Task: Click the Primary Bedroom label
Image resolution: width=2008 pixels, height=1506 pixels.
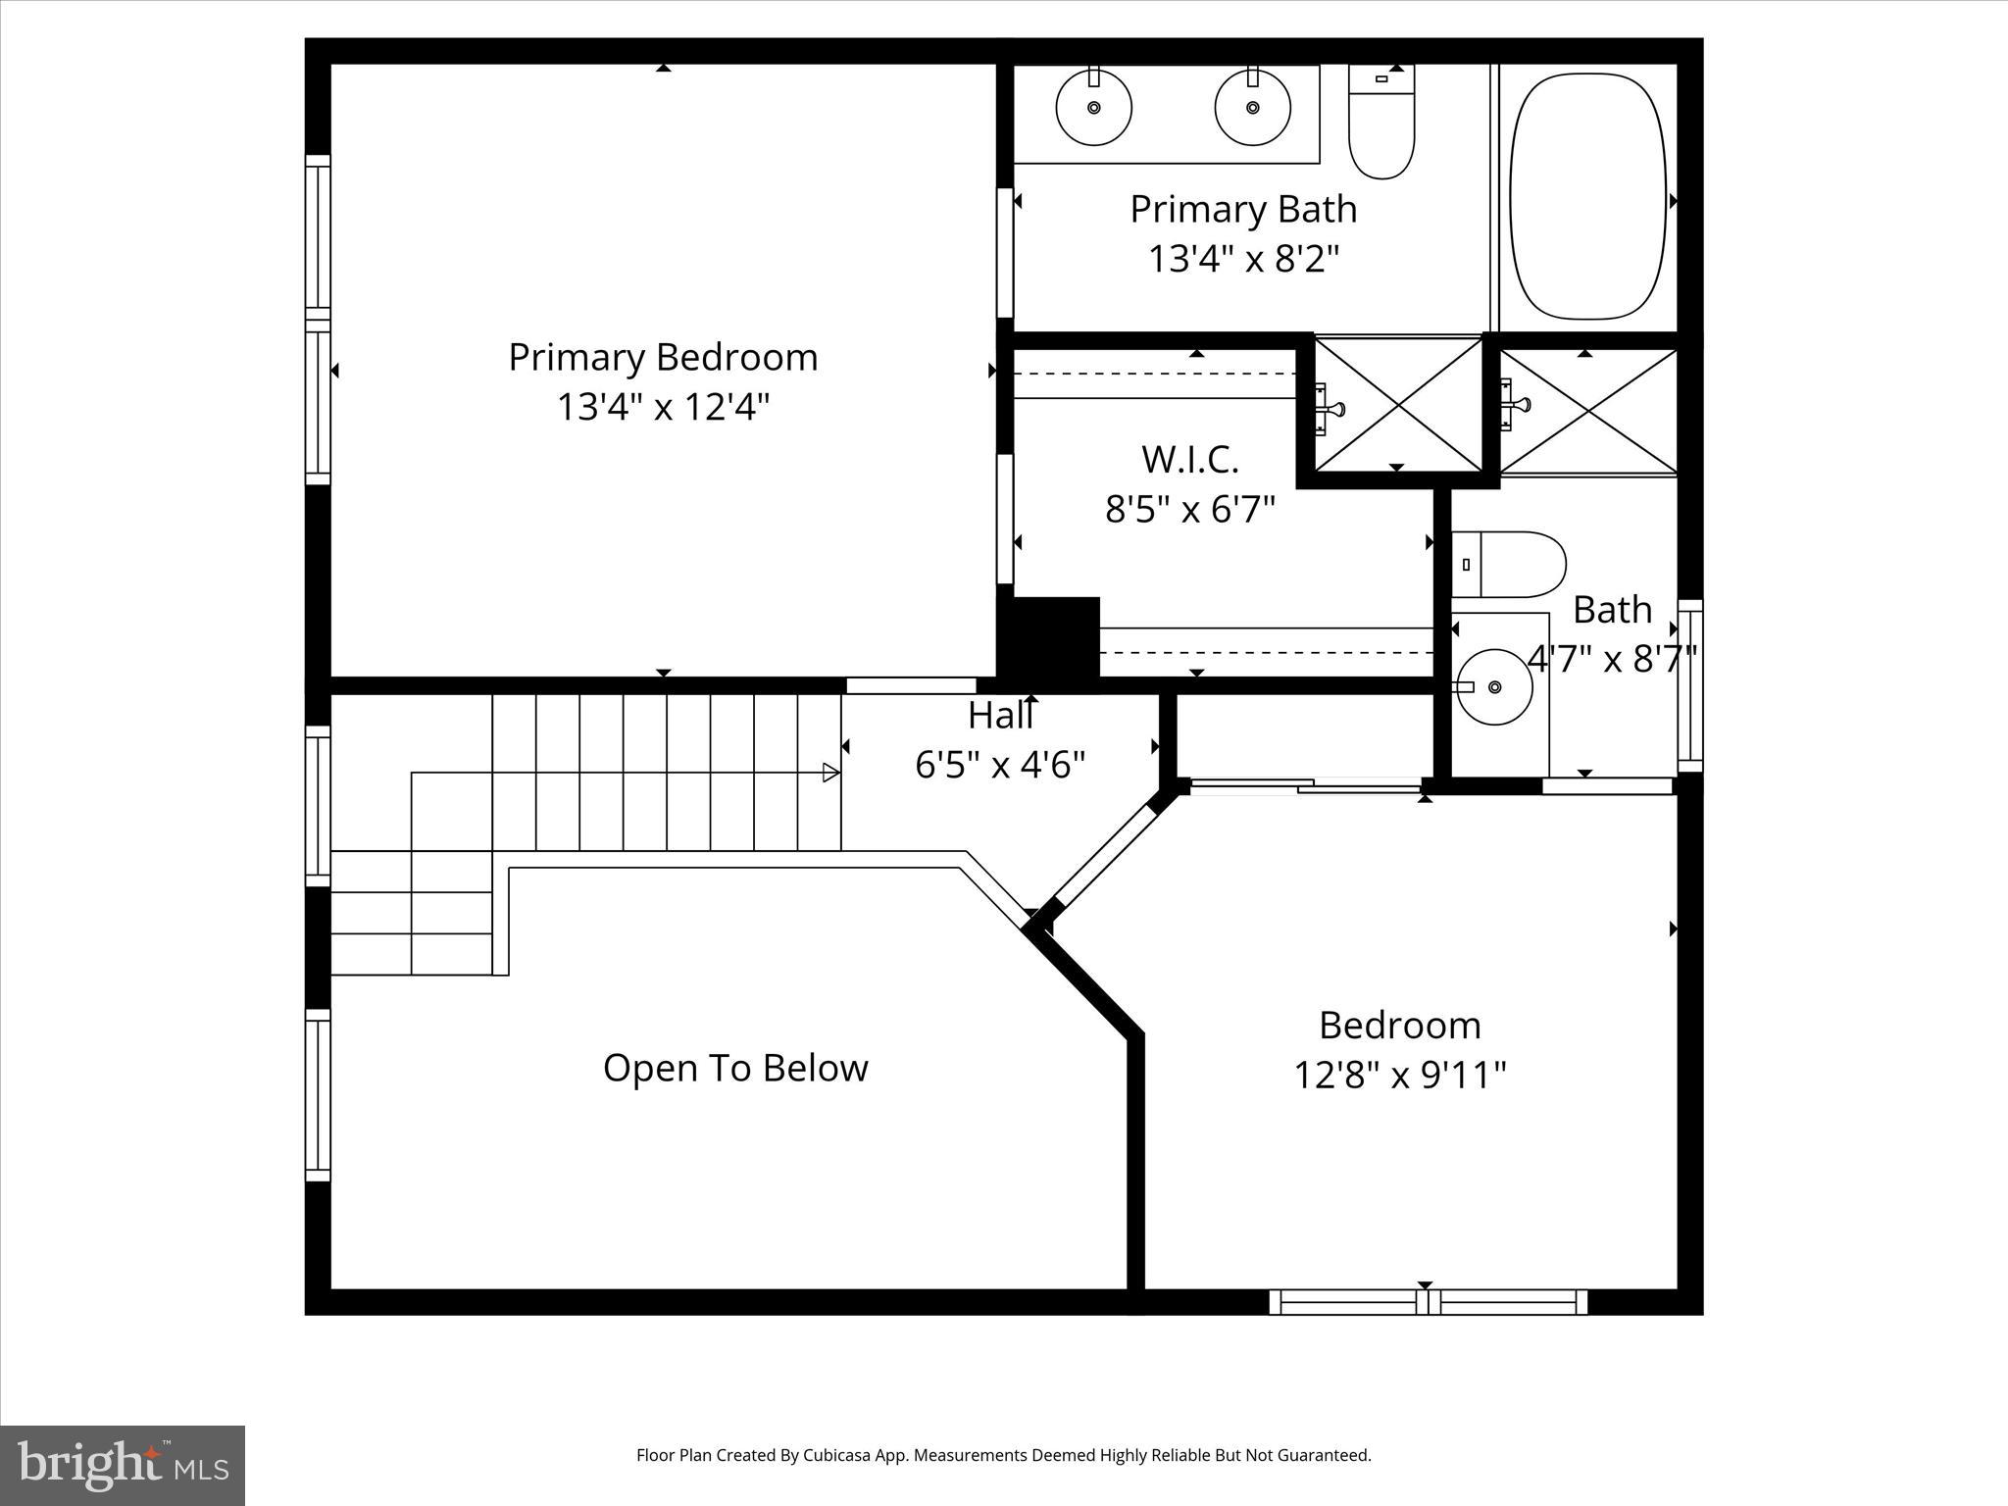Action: pyautogui.click(x=663, y=357)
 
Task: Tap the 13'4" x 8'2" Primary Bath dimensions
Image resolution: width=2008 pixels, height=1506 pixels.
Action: pyautogui.click(x=1242, y=260)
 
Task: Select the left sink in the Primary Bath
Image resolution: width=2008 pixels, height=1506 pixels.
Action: pyautogui.click(x=1093, y=108)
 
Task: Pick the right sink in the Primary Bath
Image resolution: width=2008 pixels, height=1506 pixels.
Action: pyautogui.click(x=1252, y=108)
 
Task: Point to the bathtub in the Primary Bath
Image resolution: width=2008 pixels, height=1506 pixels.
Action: pyautogui.click(x=1587, y=201)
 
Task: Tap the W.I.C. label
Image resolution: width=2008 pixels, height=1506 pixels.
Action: pyautogui.click(x=1189, y=459)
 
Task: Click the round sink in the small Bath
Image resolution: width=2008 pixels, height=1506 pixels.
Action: pyautogui.click(x=1492, y=686)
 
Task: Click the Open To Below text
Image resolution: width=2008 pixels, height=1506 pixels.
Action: pyautogui.click(x=735, y=1068)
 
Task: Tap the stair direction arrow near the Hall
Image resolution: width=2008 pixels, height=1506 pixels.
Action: pyautogui.click(x=830, y=773)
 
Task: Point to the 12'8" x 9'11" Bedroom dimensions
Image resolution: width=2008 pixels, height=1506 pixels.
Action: pyautogui.click(x=1399, y=1076)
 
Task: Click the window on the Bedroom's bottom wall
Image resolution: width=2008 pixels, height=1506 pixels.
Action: pyautogui.click(x=1428, y=1302)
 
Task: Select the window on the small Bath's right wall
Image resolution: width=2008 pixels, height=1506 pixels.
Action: pyautogui.click(x=1689, y=685)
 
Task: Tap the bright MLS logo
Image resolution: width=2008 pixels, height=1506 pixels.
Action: pyautogui.click(x=122, y=1465)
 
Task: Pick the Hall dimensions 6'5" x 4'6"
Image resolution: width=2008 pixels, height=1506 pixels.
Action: pyautogui.click(x=1000, y=765)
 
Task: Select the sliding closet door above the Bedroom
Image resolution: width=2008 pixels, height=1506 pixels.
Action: pyautogui.click(x=1304, y=784)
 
